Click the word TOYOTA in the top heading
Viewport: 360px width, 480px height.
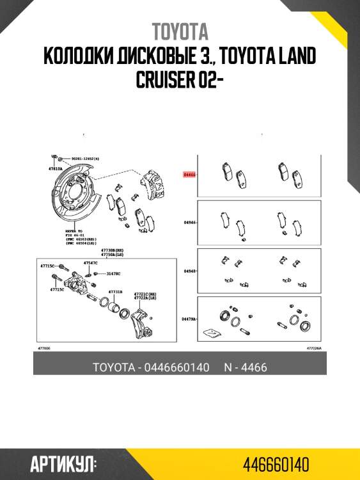tap(180, 31)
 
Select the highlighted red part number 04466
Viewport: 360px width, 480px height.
tap(189, 173)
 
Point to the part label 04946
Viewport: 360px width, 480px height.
tap(189, 223)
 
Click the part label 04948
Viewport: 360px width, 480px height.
tap(189, 271)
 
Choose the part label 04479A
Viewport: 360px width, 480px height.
tap(189, 318)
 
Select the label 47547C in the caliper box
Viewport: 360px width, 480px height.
tap(91, 262)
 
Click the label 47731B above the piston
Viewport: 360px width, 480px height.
tap(115, 291)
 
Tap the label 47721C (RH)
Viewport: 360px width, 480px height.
tap(144, 293)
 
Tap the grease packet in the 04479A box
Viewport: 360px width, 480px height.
tap(210, 333)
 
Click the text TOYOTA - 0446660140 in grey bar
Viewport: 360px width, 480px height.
tap(151, 367)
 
